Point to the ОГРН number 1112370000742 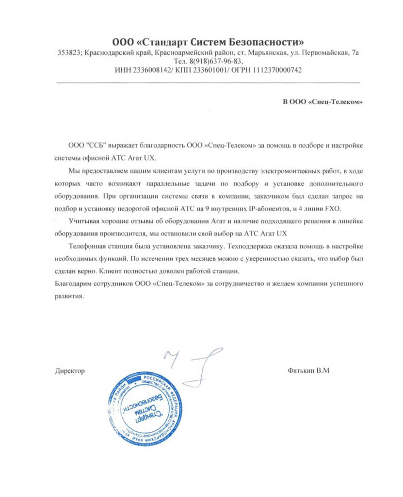[x=277, y=70]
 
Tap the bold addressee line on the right [x=322, y=102]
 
